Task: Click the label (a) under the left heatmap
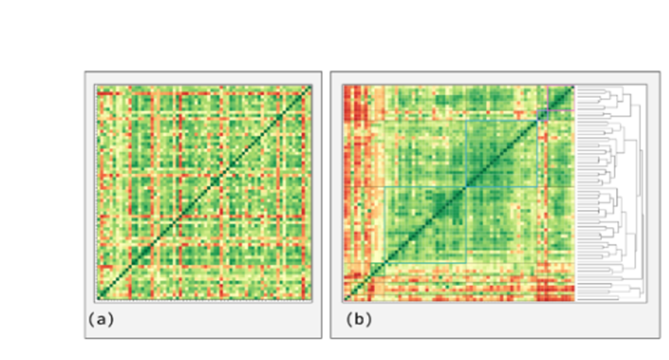tap(101, 319)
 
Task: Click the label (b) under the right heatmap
tap(359, 319)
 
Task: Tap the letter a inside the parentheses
tap(101, 319)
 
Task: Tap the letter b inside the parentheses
tap(359, 319)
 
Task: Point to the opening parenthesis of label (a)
tap(93, 319)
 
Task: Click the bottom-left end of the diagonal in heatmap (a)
tap(97, 297)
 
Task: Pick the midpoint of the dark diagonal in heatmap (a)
tap(204, 192)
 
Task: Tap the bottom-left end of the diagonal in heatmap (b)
tap(346, 299)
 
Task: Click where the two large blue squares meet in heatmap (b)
tap(465, 187)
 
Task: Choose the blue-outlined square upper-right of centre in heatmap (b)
tap(501, 152)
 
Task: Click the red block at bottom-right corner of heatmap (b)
tap(557, 288)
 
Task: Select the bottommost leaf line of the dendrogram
tap(591, 299)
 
